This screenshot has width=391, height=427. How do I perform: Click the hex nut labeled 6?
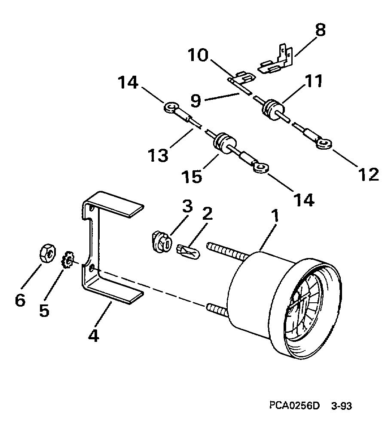pyautogui.click(x=48, y=253)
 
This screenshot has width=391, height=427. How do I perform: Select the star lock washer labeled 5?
pyautogui.click(x=68, y=260)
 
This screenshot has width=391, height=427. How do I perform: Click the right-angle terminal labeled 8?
pyautogui.click(x=276, y=59)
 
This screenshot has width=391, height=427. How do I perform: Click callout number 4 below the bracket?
pyautogui.click(x=94, y=336)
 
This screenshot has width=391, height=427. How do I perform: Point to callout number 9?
pyautogui.click(x=195, y=100)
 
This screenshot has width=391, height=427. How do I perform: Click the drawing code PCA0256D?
pyautogui.click(x=294, y=405)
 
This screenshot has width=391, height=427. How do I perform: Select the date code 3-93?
pyautogui.click(x=342, y=405)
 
